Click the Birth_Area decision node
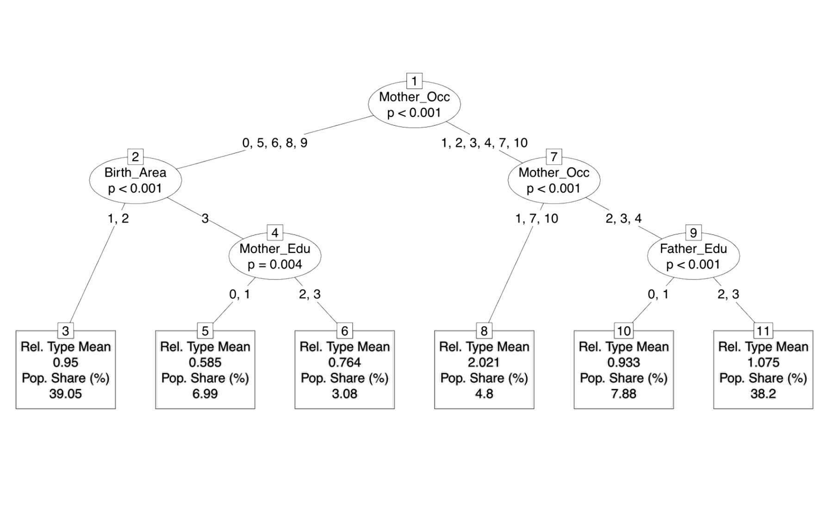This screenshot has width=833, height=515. [135, 180]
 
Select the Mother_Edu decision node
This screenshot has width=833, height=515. [274, 256]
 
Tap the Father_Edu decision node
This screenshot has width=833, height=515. [693, 256]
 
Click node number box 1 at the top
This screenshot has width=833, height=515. [414, 81]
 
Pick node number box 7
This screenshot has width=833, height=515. [553, 157]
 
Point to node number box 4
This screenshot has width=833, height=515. [275, 233]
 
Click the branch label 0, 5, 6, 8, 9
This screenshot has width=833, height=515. [274, 143]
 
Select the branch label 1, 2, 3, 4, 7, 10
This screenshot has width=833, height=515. [484, 143]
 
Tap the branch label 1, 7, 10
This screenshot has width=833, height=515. [536, 218]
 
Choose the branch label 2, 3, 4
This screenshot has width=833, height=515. [623, 218]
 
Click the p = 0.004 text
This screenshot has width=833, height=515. [274, 265]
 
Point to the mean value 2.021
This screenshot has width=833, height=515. [484, 362]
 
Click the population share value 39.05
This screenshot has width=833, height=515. [65, 394]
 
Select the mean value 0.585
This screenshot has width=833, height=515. [205, 362]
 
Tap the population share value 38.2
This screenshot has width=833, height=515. [763, 394]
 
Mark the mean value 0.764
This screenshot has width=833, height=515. [344, 362]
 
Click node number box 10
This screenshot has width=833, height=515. [623, 331]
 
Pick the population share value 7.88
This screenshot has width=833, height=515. [623, 394]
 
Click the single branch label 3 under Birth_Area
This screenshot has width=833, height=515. [205, 218]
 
